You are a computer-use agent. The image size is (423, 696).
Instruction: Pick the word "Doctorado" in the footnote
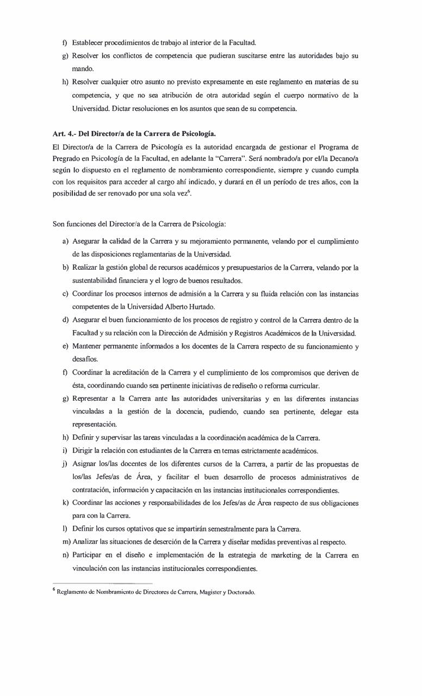[x=240, y=592]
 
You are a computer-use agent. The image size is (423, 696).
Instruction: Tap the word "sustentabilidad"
[x=96, y=281]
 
